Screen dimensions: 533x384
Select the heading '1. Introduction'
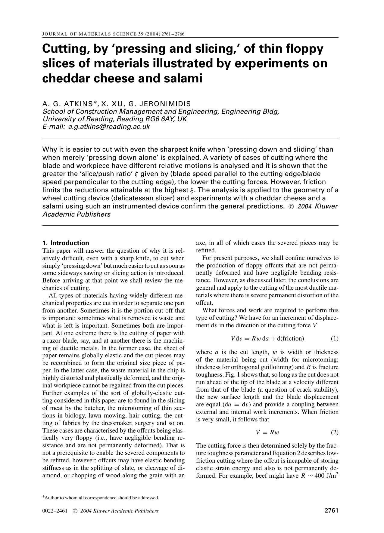66,243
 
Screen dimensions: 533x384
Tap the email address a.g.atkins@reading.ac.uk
109,127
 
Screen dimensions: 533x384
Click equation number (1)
335,339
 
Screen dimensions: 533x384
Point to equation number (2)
335,433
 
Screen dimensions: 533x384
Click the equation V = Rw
267,433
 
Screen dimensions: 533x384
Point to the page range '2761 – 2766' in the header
173,34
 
